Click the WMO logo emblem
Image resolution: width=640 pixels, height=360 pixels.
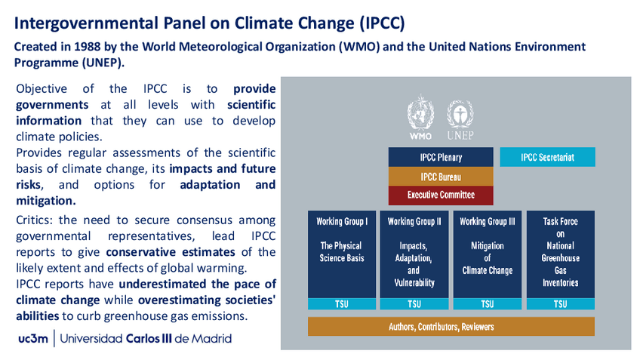click(420, 112)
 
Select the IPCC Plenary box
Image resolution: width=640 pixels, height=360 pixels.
click(441, 157)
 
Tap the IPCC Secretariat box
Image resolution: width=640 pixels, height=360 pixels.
click(547, 157)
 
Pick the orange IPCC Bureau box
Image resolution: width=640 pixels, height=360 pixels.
click(441, 177)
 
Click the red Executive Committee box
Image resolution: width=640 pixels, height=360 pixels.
click(441, 195)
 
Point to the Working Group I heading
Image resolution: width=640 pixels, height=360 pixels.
click(342, 222)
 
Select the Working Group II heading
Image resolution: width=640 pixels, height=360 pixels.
click(414, 222)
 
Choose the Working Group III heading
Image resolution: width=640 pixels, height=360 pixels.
click(488, 222)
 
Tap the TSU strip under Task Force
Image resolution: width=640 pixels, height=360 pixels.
click(561, 304)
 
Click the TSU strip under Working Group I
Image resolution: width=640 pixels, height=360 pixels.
click(342, 304)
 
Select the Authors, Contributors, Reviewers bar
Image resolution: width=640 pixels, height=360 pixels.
click(451, 327)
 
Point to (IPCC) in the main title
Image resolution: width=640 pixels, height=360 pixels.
click(382, 23)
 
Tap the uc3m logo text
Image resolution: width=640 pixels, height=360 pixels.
click(33, 339)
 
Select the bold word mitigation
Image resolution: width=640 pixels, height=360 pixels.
click(46, 201)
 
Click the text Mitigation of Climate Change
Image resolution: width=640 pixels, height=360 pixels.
click(488, 258)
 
